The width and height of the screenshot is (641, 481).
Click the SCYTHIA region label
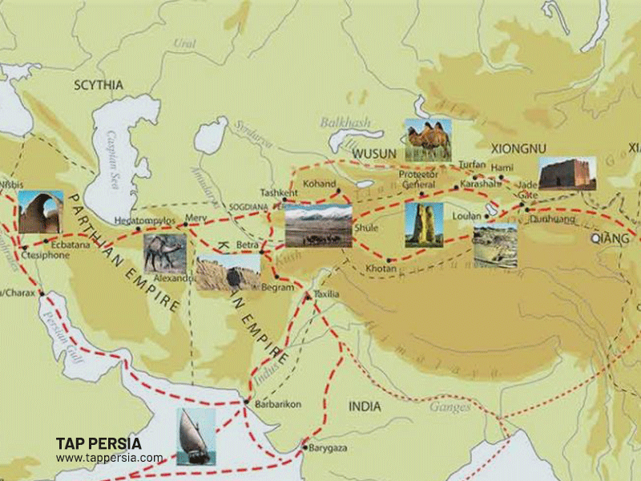click(x=99, y=85)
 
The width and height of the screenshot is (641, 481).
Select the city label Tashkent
click(x=278, y=193)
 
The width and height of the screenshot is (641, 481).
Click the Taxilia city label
click(x=326, y=294)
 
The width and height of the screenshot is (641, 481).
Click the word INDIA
click(x=365, y=407)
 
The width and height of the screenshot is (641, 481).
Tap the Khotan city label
click(x=381, y=269)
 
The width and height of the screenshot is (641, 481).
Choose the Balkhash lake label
click(x=342, y=123)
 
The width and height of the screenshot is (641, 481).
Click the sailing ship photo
click(x=196, y=436)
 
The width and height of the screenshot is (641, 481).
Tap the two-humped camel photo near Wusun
click(x=428, y=140)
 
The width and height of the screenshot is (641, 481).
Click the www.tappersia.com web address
click(x=109, y=459)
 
